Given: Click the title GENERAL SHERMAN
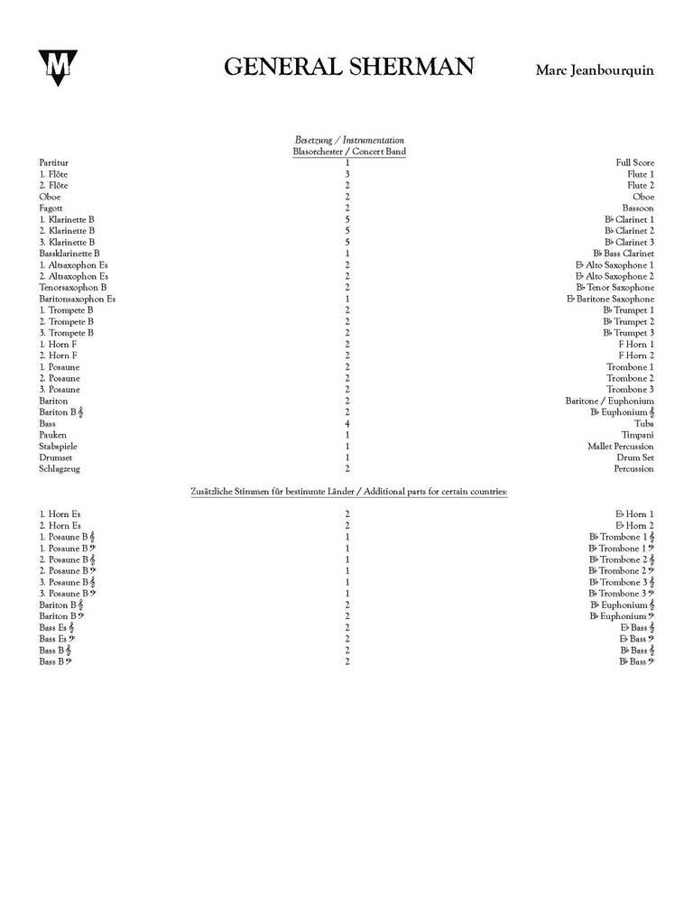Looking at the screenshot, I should [348, 68].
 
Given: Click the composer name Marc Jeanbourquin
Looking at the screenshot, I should [595, 70].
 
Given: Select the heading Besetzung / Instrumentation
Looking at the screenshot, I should [348, 140].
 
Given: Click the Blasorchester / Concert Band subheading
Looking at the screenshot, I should [348, 152].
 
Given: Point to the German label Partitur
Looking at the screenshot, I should [53, 162].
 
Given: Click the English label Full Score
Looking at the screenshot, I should [635, 162].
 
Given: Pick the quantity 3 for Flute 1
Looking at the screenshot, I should [347, 174].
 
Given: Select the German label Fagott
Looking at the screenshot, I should [51, 208].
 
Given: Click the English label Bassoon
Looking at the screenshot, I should [638, 208].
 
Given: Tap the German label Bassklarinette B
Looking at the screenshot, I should [69, 254].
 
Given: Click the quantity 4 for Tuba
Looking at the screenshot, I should [347, 423].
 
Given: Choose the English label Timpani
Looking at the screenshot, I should [638, 435].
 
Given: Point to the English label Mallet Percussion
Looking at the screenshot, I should [621, 446].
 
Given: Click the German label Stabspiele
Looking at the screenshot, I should [57, 446].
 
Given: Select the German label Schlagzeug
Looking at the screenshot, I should [60, 468].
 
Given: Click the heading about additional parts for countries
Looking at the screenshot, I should [348, 492].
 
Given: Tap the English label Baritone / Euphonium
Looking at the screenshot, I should [610, 401].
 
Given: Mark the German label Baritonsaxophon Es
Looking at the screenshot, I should [78, 299].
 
